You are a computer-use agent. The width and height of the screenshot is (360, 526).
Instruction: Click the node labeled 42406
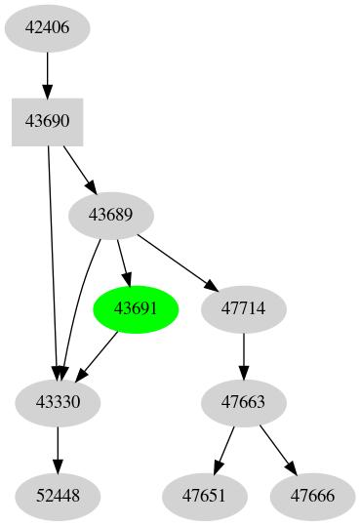click(x=47, y=27)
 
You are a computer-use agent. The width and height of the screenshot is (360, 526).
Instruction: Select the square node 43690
click(x=47, y=121)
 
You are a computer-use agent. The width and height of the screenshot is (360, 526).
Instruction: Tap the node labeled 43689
click(x=110, y=214)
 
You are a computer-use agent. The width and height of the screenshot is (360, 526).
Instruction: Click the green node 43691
click(x=135, y=308)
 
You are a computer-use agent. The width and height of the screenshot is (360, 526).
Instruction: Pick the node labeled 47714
click(x=243, y=308)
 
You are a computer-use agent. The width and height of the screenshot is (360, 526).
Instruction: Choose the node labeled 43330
click(x=59, y=402)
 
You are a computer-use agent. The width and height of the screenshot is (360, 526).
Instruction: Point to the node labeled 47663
click(x=243, y=402)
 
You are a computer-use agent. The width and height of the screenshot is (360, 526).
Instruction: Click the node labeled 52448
click(x=59, y=496)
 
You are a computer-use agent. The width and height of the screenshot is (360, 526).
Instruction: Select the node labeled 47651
click(x=205, y=496)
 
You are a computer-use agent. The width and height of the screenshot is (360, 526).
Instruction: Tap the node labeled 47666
click(x=312, y=496)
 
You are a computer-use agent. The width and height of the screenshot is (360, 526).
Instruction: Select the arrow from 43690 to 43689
click(x=79, y=168)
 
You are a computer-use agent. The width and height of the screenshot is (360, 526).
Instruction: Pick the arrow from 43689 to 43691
click(x=123, y=262)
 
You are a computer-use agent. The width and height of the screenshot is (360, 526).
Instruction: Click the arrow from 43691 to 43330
click(x=98, y=355)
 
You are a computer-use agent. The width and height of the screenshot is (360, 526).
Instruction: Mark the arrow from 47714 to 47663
click(x=243, y=355)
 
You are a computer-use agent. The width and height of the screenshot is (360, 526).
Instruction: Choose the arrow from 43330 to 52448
click(x=59, y=449)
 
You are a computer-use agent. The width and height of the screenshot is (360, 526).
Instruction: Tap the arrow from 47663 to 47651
click(x=224, y=449)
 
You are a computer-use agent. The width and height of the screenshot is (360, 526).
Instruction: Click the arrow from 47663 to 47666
click(x=277, y=449)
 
